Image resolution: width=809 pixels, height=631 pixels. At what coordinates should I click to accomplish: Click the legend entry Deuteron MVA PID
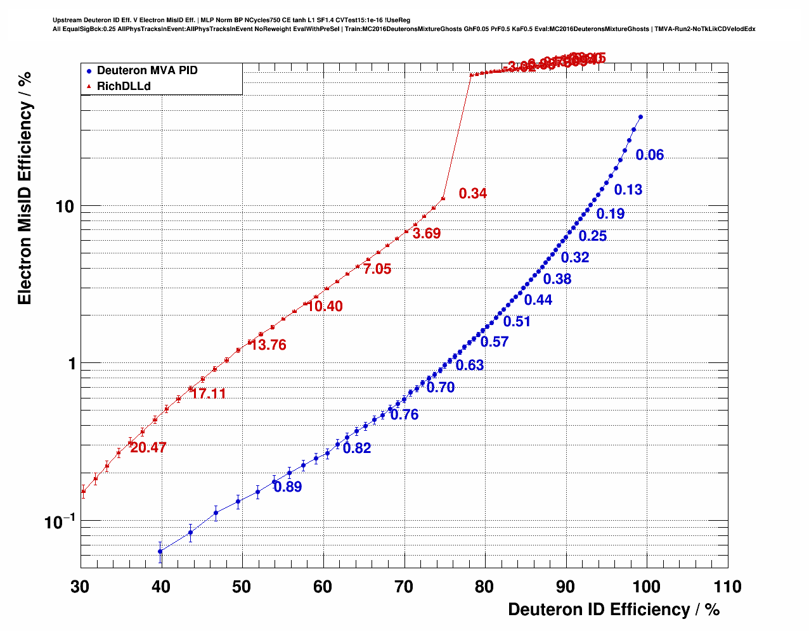pyautogui.click(x=146, y=70)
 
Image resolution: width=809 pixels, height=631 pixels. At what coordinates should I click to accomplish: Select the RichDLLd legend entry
pyautogui.click(x=124, y=86)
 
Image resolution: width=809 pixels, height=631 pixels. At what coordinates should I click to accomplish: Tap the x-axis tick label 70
pyautogui.click(x=404, y=587)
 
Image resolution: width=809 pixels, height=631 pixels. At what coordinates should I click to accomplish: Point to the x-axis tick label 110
pyautogui.click(x=727, y=587)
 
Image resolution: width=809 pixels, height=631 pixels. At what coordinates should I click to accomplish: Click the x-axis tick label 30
pyautogui.click(x=81, y=587)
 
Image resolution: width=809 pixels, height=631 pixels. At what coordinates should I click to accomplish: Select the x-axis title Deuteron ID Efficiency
pyautogui.click(x=613, y=609)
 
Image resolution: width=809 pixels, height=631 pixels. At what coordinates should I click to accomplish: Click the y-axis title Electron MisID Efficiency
pyautogui.click(x=25, y=188)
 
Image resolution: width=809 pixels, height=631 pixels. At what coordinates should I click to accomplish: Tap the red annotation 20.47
pyautogui.click(x=148, y=448)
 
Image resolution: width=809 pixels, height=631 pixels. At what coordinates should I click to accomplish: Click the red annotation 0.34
pyautogui.click(x=473, y=194)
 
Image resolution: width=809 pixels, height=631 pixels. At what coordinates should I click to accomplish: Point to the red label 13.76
pyautogui.click(x=269, y=345)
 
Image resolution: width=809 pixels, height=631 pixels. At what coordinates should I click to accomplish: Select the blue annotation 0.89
pyautogui.click(x=288, y=487)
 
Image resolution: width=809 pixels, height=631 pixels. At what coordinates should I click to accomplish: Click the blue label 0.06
pyautogui.click(x=650, y=155)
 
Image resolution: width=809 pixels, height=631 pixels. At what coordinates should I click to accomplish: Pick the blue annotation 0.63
pyautogui.click(x=470, y=366)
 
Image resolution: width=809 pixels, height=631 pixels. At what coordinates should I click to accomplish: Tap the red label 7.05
pyautogui.click(x=377, y=269)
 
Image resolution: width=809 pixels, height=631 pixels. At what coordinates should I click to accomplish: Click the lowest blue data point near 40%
pyautogui.click(x=160, y=551)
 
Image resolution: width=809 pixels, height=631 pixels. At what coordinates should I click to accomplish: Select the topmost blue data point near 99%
pyautogui.click(x=640, y=117)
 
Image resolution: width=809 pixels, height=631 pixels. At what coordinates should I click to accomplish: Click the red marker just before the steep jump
pyautogui.click(x=443, y=198)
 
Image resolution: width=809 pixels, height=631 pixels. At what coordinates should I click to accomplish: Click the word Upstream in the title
pyautogui.click(x=67, y=20)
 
